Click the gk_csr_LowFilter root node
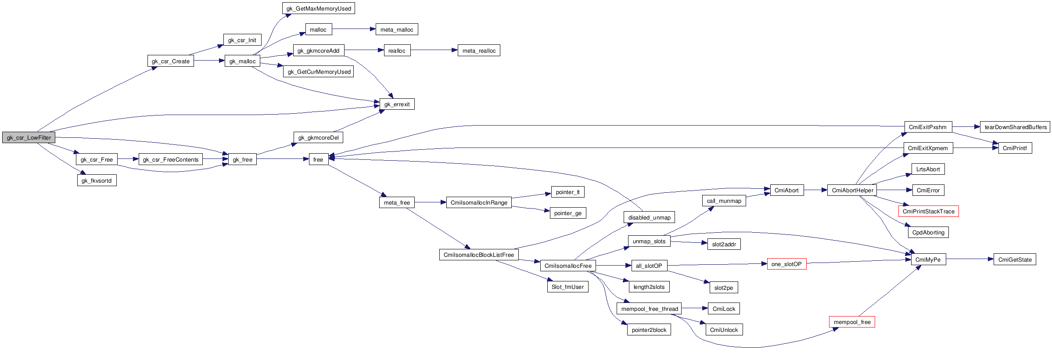click(29, 137)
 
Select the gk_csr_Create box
click(170, 61)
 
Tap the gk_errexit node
click(397, 104)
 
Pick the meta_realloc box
click(478, 50)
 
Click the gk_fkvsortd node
click(97, 180)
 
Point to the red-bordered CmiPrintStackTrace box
click(928, 211)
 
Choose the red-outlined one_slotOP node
click(786, 264)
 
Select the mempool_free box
click(852, 322)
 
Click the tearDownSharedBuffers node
click(1015, 127)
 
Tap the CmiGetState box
click(1015, 259)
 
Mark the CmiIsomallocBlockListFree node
click(478, 255)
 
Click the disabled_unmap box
click(649, 217)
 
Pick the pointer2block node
click(649, 330)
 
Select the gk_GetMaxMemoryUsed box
click(319, 8)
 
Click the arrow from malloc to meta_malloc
click(354, 29)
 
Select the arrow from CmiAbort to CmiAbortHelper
click(815, 190)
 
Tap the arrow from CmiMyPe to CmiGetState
click(969, 259)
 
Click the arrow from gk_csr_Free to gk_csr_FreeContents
click(128, 159)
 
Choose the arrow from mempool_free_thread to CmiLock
click(695, 309)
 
